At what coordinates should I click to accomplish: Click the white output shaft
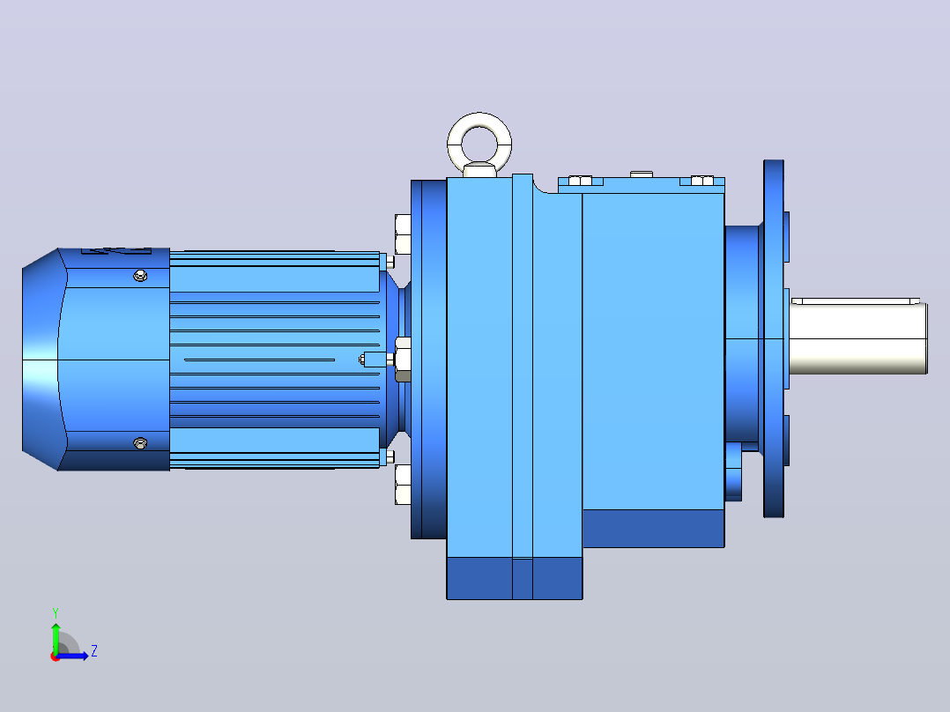click(858, 337)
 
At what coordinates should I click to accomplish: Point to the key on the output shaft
click(856, 300)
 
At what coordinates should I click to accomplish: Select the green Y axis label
click(56, 612)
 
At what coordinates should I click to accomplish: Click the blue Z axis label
click(94, 651)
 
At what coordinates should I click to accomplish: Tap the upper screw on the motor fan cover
click(140, 277)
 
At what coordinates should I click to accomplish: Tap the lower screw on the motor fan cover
click(140, 443)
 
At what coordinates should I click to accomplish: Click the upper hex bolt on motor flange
click(403, 234)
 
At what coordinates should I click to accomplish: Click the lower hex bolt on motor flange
click(403, 484)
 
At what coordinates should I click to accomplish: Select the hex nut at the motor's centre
click(403, 360)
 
